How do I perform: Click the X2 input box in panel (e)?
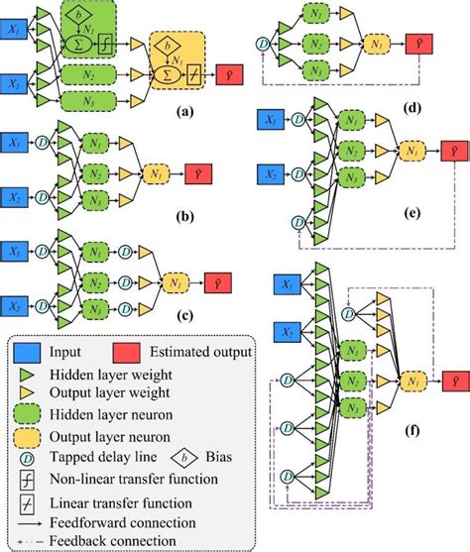[271, 174]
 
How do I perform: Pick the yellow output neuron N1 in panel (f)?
[408, 379]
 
